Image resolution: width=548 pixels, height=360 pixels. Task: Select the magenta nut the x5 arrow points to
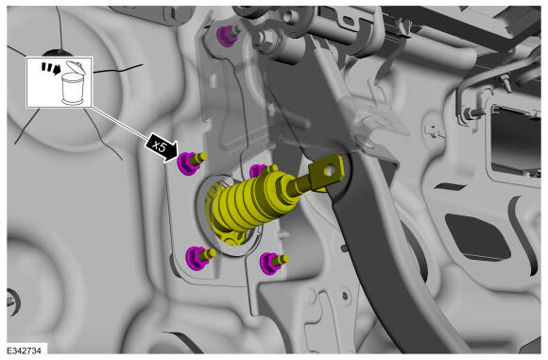pos(188,163)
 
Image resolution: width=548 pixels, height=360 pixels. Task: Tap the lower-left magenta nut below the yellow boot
pos(197,258)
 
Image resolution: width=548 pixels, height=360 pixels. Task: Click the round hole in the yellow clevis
pos(330,171)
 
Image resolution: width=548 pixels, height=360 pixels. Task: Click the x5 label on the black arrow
pos(160,147)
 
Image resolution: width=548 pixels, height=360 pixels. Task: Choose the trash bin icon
pos(74,84)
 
